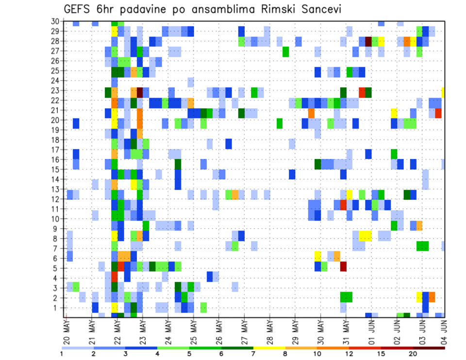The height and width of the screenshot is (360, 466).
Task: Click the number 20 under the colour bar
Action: click(413, 354)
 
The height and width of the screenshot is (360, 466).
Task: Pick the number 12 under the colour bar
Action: click(349, 354)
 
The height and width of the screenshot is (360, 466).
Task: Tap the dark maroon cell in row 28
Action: click(368, 41)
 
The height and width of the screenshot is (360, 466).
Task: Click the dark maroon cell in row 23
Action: click(140, 91)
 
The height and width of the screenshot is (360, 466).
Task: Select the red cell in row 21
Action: click(438, 113)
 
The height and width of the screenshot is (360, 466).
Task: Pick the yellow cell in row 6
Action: click(317, 255)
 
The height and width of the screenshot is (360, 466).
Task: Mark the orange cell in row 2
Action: click(432, 296)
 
